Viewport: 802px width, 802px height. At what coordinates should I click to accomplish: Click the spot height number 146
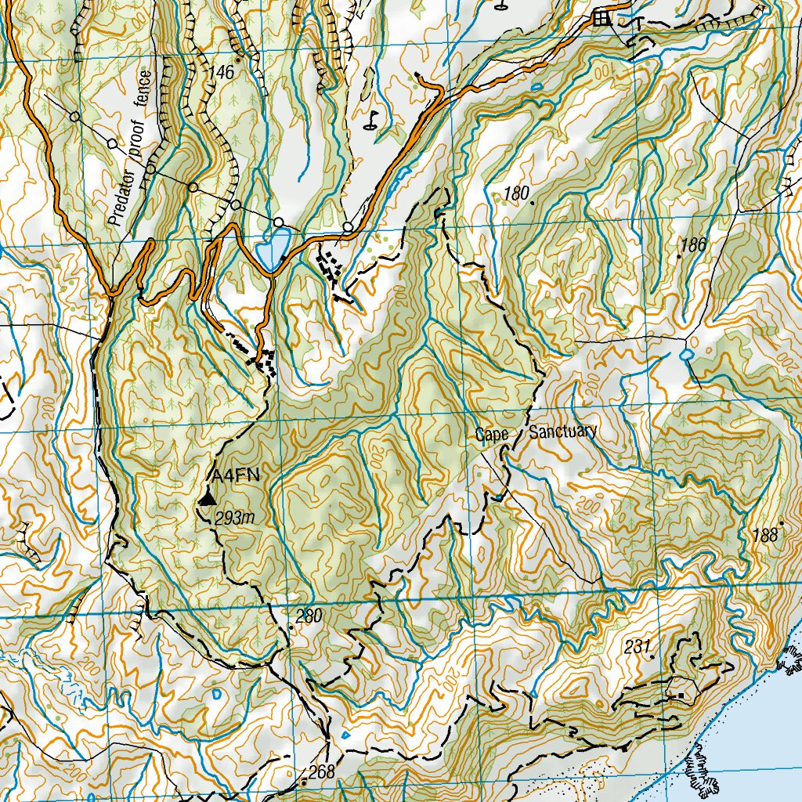click(x=222, y=73)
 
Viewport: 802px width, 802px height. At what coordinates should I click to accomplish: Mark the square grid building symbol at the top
click(x=601, y=17)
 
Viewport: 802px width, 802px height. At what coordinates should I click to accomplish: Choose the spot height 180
click(x=517, y=193)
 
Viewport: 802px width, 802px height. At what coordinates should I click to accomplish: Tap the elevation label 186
click(x=694, y=245)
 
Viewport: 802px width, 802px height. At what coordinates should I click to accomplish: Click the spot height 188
click(x=764, y=536)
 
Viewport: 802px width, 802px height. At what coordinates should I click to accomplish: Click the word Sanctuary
click(x=563, y=432)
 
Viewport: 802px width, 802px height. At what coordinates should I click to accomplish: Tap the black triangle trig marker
click(x=207, y=498)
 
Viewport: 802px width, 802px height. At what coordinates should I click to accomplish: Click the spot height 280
click(x=309, y=617)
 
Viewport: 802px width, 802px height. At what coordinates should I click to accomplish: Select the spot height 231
click(x=638, y=647)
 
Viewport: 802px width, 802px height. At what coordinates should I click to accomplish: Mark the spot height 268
click(x=321, y=772)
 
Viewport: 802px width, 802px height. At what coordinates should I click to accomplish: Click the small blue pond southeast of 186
click(x=686, y=355)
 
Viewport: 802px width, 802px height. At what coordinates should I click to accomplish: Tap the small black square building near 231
click(x=681, y=695)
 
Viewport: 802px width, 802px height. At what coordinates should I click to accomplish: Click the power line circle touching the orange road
click(x=347, y=227)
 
